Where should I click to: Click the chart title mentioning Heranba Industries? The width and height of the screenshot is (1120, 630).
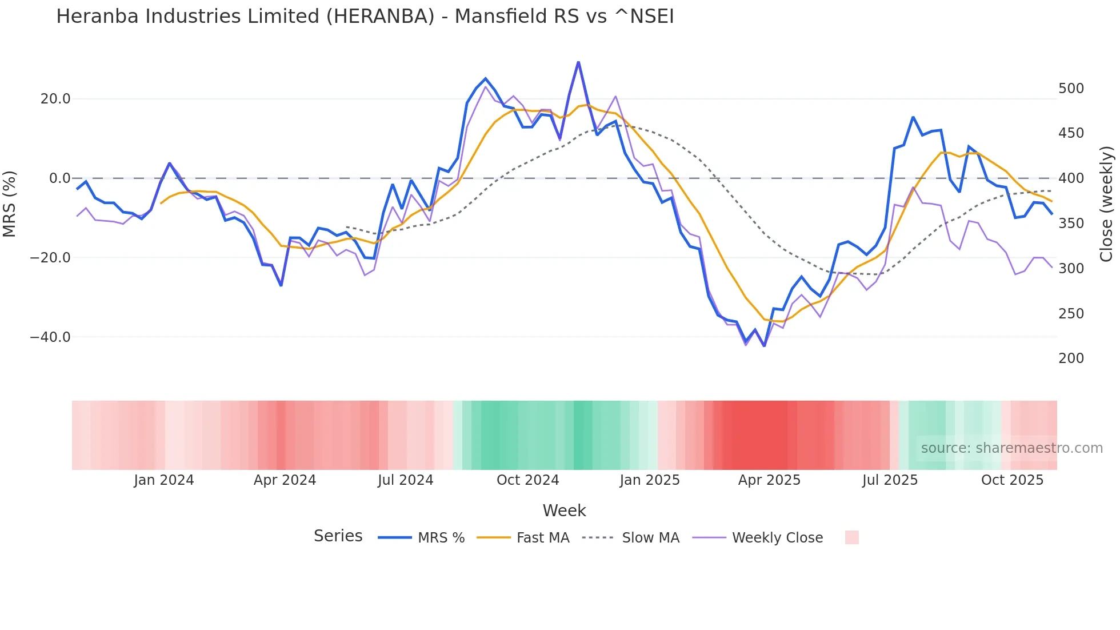pos(365,17)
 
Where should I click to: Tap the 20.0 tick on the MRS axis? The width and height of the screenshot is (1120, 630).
pos(55,99)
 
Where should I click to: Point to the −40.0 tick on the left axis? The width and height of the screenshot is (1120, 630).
pos(50,337)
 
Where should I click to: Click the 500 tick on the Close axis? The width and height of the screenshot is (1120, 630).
pos(1071,89)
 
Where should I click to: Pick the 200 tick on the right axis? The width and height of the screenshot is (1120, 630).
pos(1071,358)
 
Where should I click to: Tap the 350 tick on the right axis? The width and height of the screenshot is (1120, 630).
pos(1071,224)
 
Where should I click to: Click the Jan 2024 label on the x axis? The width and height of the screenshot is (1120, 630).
pos(164,480)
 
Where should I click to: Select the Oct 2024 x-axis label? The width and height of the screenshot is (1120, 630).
pos(527,480)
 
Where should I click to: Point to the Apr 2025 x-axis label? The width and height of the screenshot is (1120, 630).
pos(769,480)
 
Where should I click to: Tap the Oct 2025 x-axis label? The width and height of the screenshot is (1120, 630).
pos(1012,480)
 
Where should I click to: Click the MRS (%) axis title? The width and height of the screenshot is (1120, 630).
pos(10,204)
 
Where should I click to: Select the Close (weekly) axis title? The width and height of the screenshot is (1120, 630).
pos(1106,204)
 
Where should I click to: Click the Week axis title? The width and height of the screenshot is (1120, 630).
pos(564,511)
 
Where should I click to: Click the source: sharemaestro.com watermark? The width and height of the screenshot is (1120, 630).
pos(1011,448)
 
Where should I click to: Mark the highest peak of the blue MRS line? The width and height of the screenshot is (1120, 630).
pos(578,62)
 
